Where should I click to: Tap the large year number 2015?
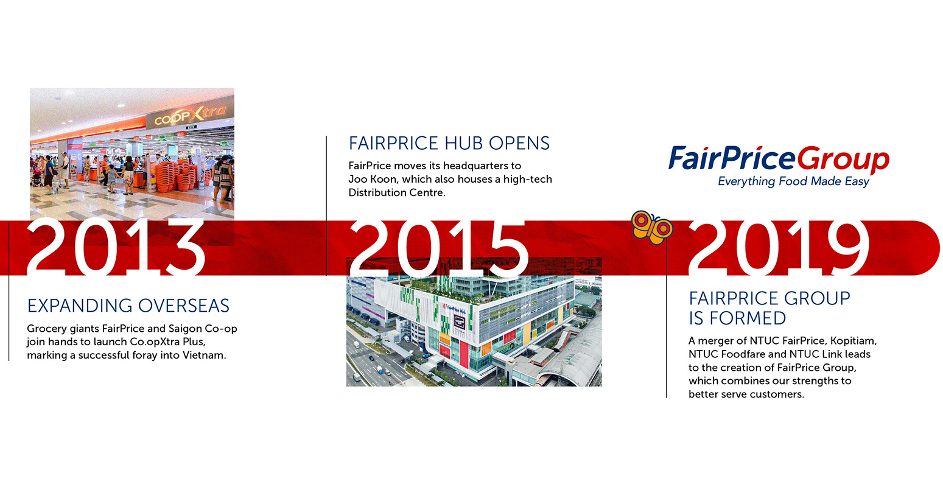click(x=439, y=248)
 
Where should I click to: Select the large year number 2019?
click(x=779, y=248)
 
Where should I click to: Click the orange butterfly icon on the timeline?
click(x=651, y=227)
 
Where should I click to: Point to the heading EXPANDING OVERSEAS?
click(x=128, y=306)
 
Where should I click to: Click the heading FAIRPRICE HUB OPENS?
click(x=449, y=144)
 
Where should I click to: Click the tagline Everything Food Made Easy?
click(x=794, y=181)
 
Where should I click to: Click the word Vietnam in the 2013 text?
click(x=204, y=356)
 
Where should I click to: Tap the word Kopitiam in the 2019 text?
click(x=854, y=341)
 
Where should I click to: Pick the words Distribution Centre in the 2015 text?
click(x=396, y=193)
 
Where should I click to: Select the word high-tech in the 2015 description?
click(x=527, y=180)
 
